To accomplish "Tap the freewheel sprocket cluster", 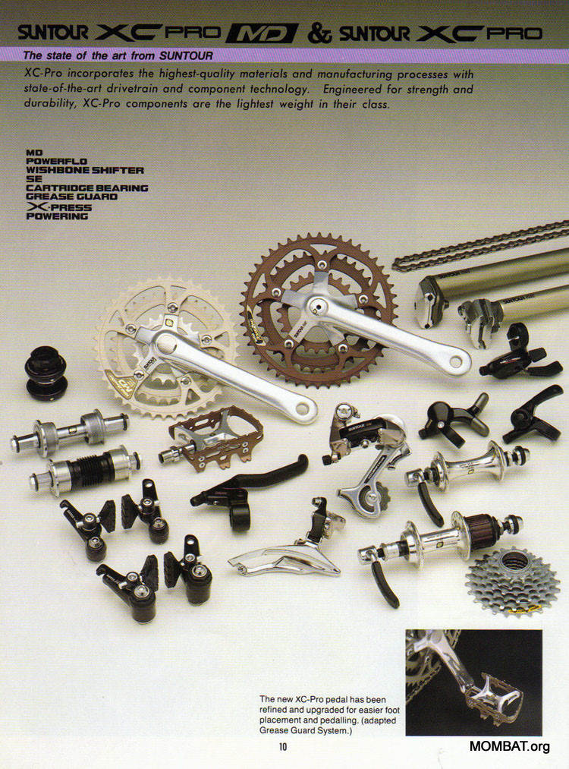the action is coord(512,583).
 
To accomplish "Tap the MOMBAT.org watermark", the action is coord(509,746).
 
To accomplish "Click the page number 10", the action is coord(283,747).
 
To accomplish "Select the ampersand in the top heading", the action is coord(319,33).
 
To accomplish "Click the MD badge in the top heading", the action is coord(262,33).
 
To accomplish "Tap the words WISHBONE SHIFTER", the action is coord(85,170).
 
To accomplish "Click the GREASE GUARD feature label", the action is coord(71,197).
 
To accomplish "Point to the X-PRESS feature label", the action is coord(59,207).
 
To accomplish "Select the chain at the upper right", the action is coord(480,245).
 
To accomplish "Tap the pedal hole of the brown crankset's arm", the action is coord(456,362).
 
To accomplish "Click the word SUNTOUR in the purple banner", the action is coord(186,55).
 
